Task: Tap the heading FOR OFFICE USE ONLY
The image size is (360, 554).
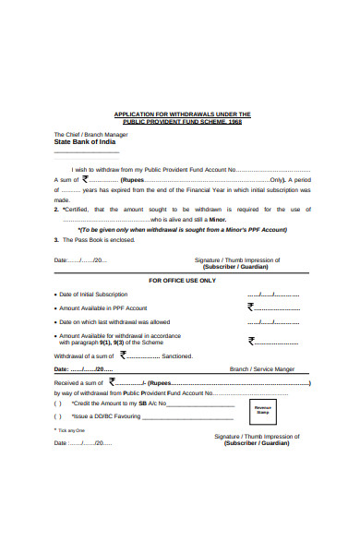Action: (183, 280)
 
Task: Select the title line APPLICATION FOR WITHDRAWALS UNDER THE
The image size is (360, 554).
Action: (182, 114)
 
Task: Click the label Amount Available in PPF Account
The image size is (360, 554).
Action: (103, 307)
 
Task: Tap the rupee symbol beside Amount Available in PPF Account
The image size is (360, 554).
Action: (250, 307)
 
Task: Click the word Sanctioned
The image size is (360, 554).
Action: (177, 355)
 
